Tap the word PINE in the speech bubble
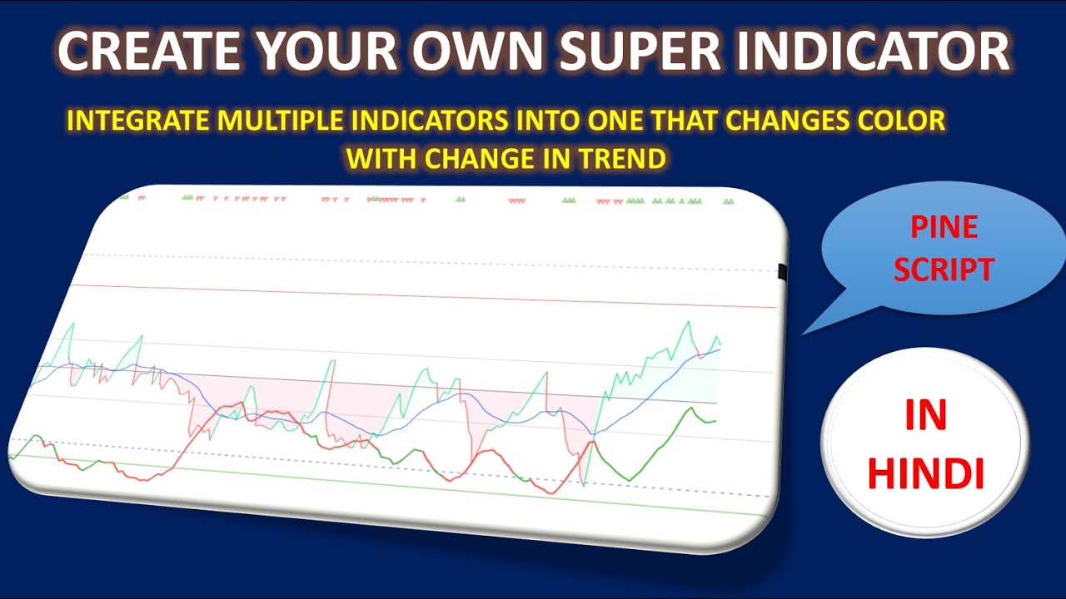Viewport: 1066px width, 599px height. click(x=944, y=228)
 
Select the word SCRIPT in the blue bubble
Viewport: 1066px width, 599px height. click(x=944, y=270)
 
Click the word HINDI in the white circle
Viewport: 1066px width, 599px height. click(x=925, y=473)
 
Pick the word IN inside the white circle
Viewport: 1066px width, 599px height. click(x=925, y=416)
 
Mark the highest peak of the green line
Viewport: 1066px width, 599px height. click(x=689, y=323)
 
